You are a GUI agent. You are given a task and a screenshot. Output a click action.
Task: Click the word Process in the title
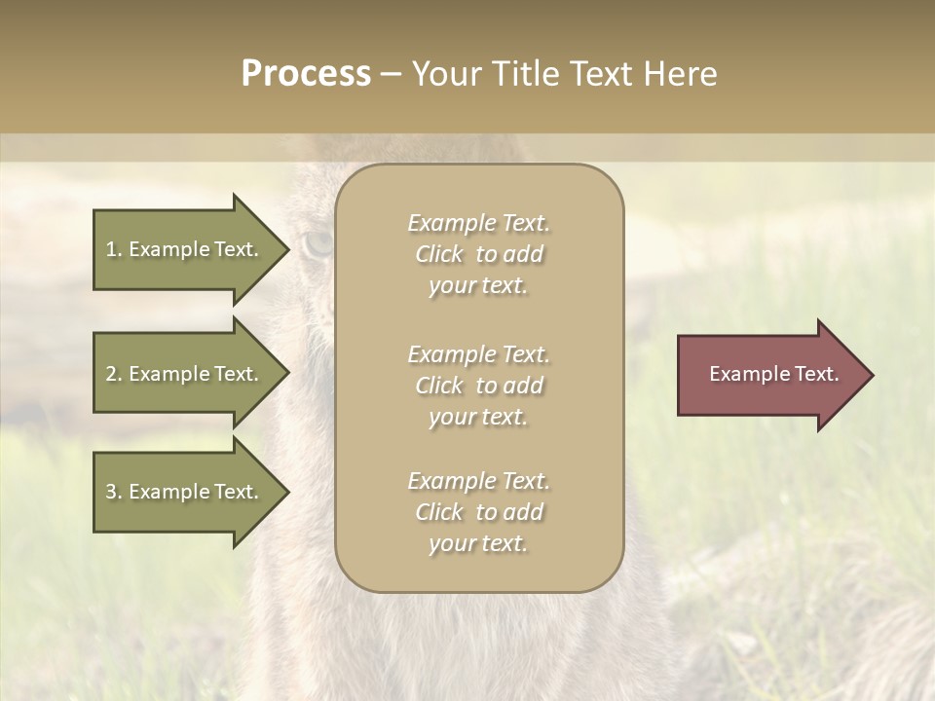coord(306,74)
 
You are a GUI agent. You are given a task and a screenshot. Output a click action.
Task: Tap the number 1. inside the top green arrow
coord(114,250)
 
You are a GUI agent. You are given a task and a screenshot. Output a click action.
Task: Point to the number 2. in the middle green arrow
coord(114,375)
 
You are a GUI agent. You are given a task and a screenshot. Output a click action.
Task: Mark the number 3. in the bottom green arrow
coord(114,493)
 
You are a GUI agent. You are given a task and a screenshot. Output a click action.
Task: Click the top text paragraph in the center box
coord(478,254)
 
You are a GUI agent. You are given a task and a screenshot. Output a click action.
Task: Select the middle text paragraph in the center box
coord(478,386)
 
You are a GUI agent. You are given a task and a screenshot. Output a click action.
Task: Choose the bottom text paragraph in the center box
coord(478,512)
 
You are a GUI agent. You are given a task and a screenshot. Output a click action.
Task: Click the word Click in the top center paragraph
coord(439,254)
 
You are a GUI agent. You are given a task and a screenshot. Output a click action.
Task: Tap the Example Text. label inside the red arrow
coord(774,375)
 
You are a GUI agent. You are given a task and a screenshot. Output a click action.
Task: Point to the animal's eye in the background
coord(317,243)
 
